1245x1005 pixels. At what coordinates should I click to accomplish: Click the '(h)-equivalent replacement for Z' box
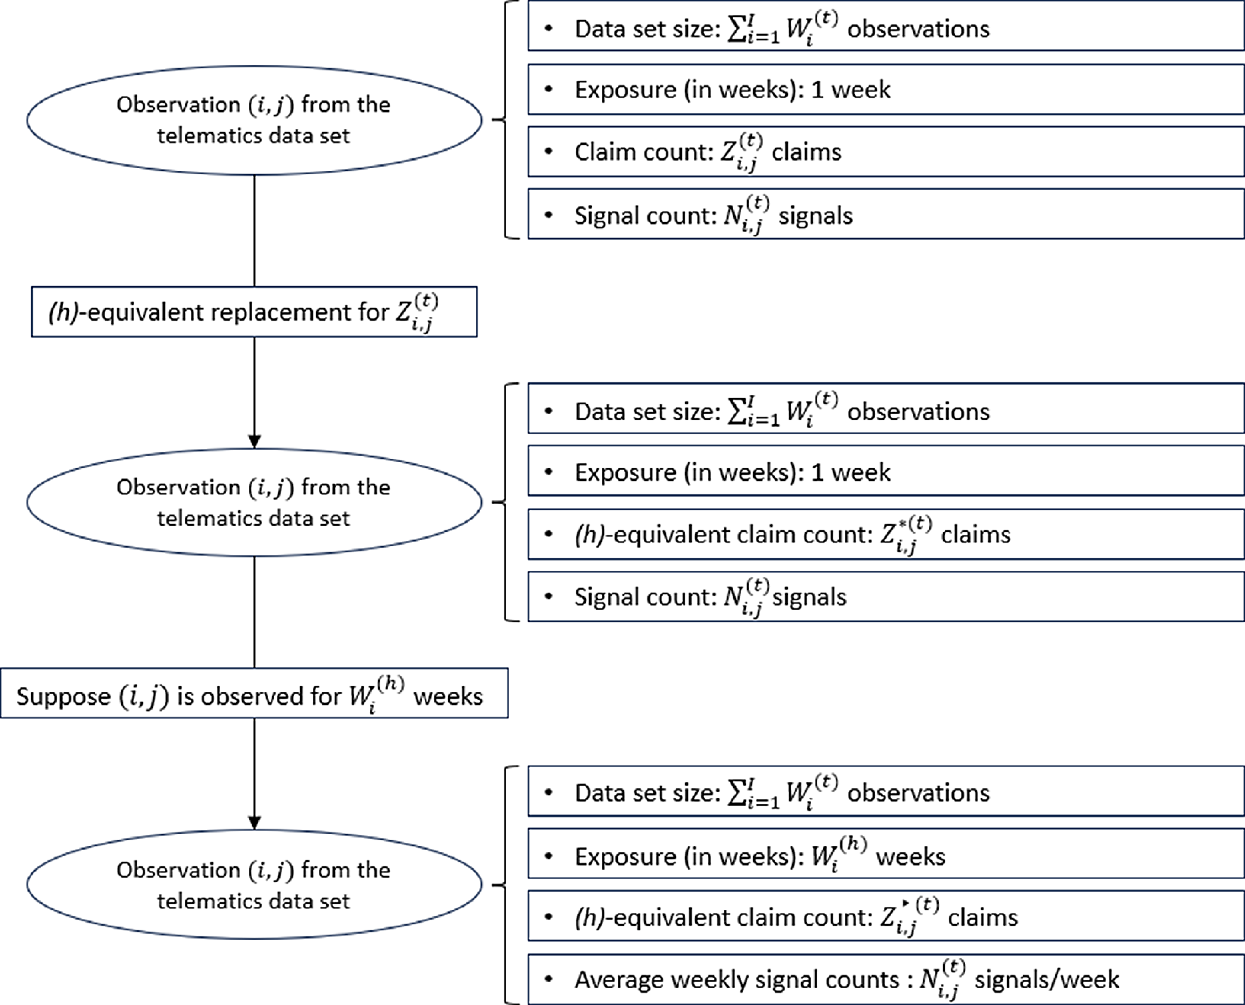tap(254, 312)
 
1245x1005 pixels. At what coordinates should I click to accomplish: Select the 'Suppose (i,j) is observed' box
tap(254, 693)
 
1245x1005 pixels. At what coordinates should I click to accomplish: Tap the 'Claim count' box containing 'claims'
tap(885, 152)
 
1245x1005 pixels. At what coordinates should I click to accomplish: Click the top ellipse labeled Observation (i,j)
tap(254, 120)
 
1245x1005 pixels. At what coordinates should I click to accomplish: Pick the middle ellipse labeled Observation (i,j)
tap(254, 502)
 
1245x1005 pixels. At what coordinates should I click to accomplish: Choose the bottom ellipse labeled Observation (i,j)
tap(254, 884)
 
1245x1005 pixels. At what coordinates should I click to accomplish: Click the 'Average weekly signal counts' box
tap(885, 979)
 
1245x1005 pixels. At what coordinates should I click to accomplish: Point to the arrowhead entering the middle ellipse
tap(254, 441)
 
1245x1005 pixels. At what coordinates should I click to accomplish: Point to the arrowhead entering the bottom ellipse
tap(254, 823)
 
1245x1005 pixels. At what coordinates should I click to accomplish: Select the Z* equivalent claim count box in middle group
tap(885, 534)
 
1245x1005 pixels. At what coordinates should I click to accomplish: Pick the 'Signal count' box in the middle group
tap(885, 596)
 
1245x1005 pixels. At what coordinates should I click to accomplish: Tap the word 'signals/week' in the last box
tap(1046, 979)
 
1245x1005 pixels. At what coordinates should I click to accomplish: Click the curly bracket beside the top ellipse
tap(505, 120)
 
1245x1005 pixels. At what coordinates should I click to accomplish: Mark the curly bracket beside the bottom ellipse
tap(505, 884)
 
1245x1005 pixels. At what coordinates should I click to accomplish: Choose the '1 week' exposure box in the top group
tap(885, 89)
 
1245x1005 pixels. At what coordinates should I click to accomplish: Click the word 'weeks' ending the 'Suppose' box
tap(448, 696)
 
